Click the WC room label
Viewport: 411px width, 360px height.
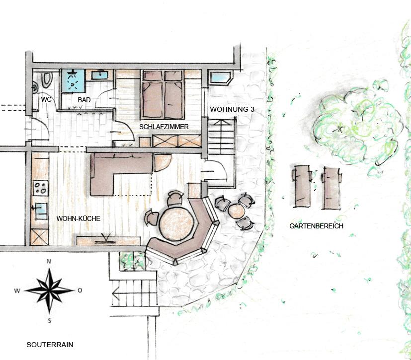tap(46, 99)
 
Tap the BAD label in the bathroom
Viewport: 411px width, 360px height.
tap(84, 100)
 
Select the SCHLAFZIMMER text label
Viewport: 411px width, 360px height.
tap(164, 127)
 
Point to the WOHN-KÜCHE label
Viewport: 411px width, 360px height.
tap(79, 218)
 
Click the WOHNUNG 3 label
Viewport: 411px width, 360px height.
tap(232, 109)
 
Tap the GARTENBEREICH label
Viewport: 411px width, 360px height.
tap(317, 226)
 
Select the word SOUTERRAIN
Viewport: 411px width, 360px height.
tap(50, 345)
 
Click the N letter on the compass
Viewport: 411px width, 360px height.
tap(49, 261)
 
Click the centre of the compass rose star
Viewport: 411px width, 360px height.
tap(50, 290)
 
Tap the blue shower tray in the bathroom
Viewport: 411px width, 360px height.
tap(73, 80)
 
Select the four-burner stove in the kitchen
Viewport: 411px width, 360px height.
tap(41, 188)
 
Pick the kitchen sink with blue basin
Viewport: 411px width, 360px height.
tap(40, 211)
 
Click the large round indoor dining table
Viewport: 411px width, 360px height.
tap(176, 223)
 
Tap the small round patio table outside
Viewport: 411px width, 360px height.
tap(237, 211)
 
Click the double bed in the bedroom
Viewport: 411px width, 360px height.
tap(162, 94)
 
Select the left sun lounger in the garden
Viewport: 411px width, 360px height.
tap(302, 186)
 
